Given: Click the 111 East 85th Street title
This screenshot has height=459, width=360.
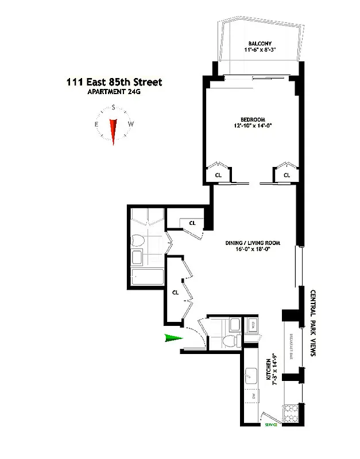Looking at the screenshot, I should (x=114, y=82).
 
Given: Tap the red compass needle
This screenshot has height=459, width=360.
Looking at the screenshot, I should (x=114, y=131).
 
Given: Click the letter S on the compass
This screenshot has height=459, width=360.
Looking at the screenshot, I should (x=114, y=107).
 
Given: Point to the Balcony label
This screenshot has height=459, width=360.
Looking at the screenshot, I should (x=260, y=44).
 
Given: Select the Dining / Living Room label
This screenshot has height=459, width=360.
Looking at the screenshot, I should (x=252, y=243).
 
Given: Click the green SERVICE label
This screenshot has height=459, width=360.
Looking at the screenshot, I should (x=270, y=425).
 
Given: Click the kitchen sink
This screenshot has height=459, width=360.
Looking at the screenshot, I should (x=251, y=376).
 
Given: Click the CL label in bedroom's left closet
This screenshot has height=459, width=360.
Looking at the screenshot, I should (x=218, y=174).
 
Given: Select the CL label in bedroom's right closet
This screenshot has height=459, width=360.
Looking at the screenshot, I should (x=286, y=174).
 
